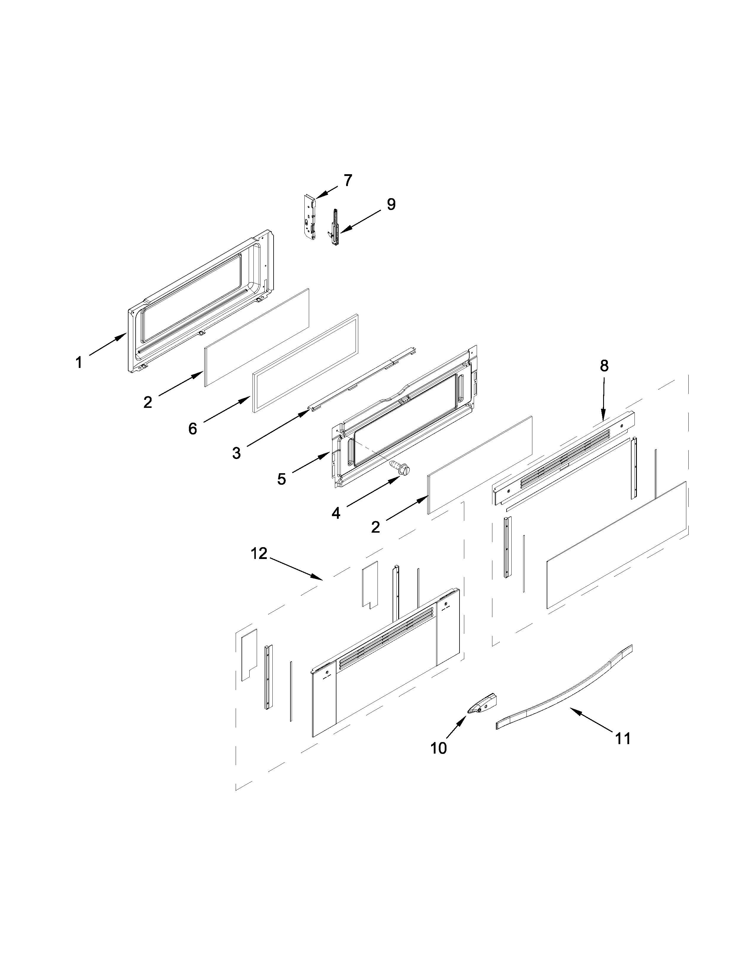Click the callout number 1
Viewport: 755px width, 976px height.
pos(79,362)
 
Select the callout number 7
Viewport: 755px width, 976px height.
pos(348,180)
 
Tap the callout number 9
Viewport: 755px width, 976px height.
pos(391,205)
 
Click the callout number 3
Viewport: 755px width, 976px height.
pos(236,454)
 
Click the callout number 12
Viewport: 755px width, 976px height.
pos(258,554)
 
